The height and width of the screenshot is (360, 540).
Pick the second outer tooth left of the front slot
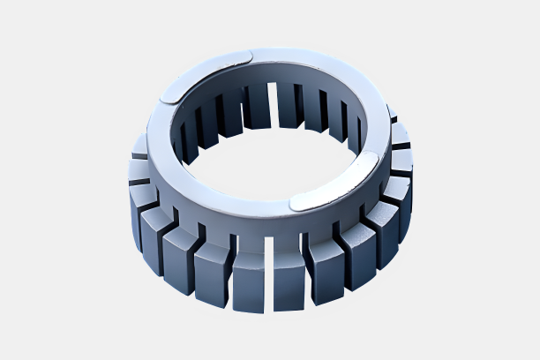tap(212, 270)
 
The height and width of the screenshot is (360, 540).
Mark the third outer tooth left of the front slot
tap(179, 256)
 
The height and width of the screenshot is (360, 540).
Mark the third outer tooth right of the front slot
tap(358, 251)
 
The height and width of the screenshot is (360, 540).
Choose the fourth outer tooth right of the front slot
tap(382, 231)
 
